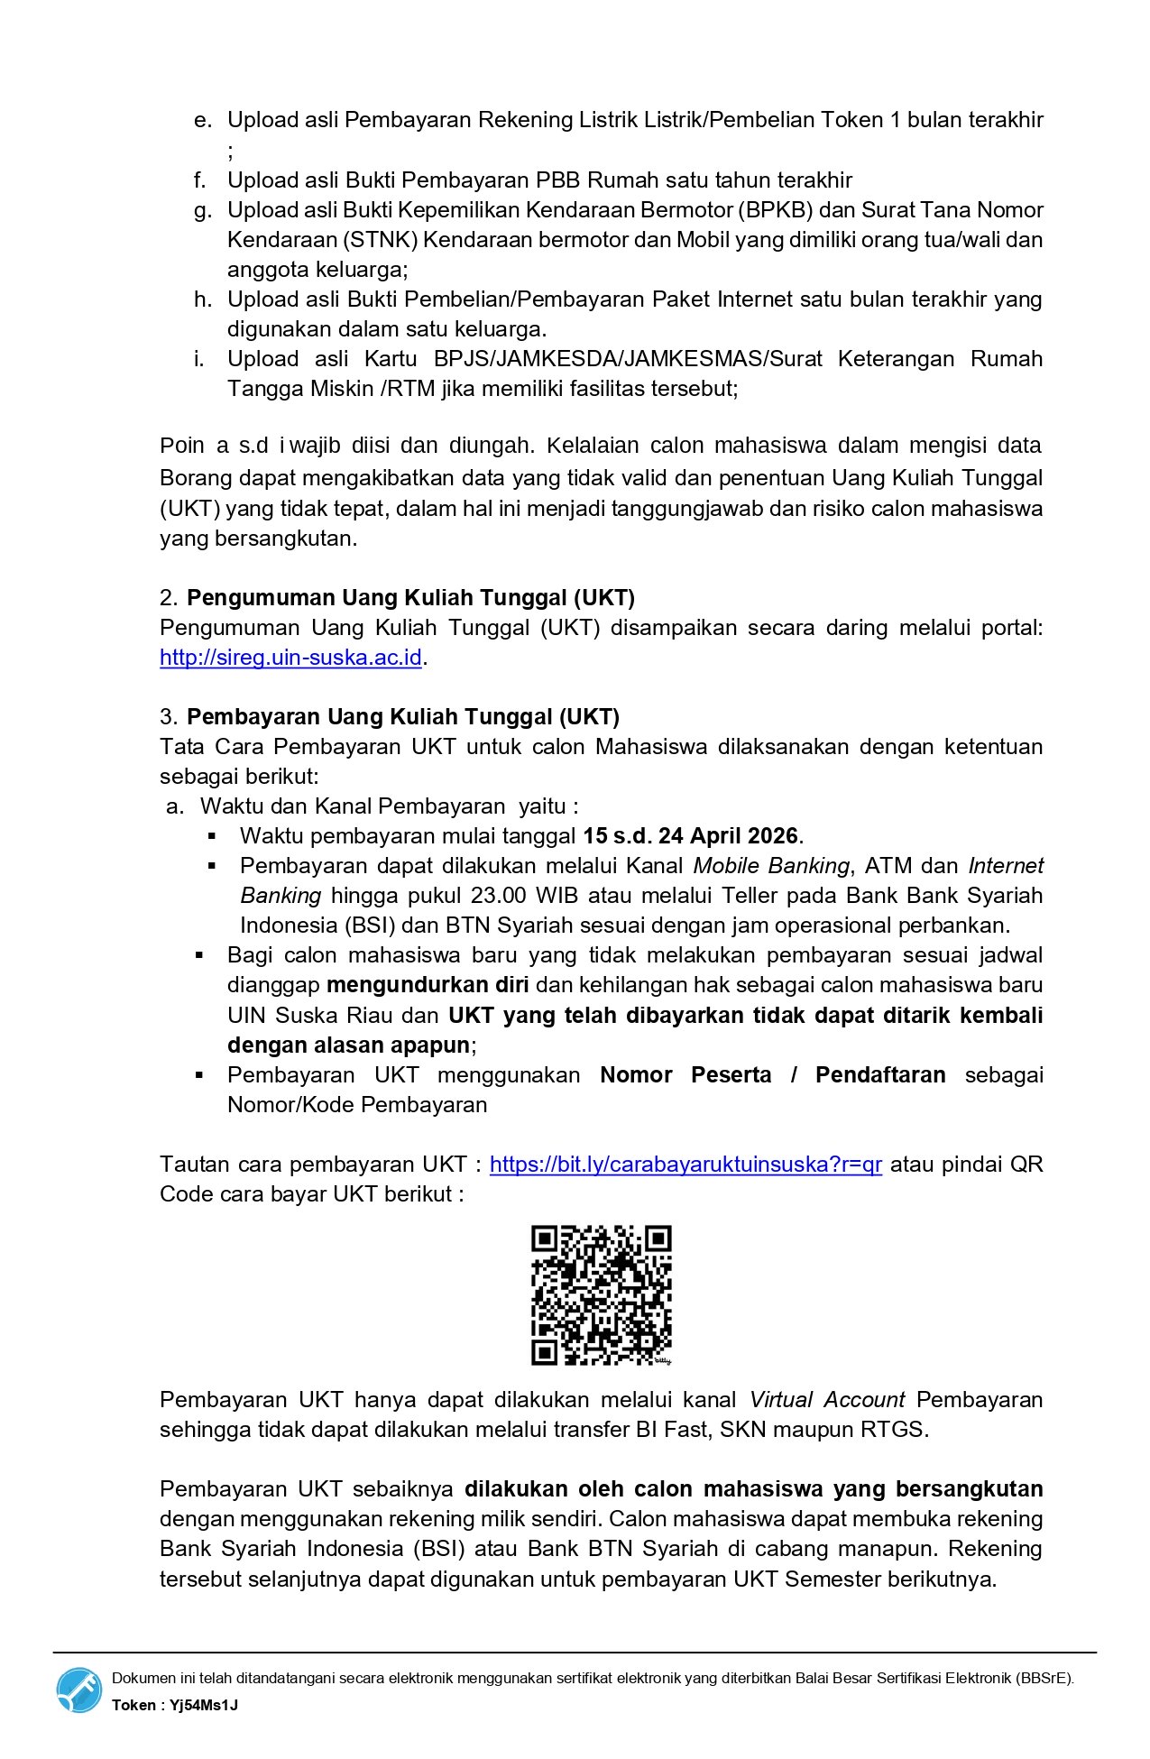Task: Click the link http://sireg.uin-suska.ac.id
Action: tap(290, 657)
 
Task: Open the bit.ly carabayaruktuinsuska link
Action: tap(685, 1164)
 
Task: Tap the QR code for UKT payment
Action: tap(601, 1294)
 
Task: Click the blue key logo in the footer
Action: tap(79, 1690)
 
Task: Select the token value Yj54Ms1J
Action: tap(204, 1705)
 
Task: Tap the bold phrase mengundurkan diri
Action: tap(428, 984)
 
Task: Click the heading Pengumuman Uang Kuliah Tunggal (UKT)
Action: tap(410, 597)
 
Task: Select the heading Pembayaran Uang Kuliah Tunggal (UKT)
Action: tap(403, 716)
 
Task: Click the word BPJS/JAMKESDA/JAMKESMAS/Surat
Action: tap(628, 358)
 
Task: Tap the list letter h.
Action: tap(201, 299)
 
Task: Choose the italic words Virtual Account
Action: tap(827, 1399)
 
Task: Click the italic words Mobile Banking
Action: tap(771, 865)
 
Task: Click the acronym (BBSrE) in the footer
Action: tap(1044, 1678)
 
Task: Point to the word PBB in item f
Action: tap(557, 180)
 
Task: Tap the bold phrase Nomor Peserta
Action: tap(685, 1074)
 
